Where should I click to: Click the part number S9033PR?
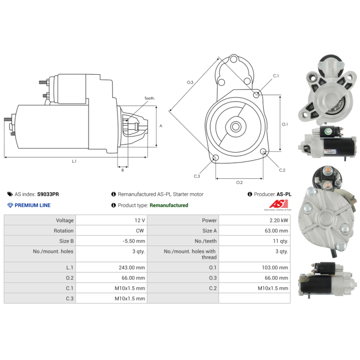[48, 194]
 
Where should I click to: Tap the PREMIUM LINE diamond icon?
[10, 205]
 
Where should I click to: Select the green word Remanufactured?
[169, 205]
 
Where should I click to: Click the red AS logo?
[279, 204]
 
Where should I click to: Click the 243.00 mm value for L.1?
[132, 267]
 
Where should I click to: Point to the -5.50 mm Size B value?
[134, 241]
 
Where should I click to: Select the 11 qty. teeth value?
[280, 241]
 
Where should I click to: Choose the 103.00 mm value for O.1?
[275, 267]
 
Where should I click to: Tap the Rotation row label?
[63, 231]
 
